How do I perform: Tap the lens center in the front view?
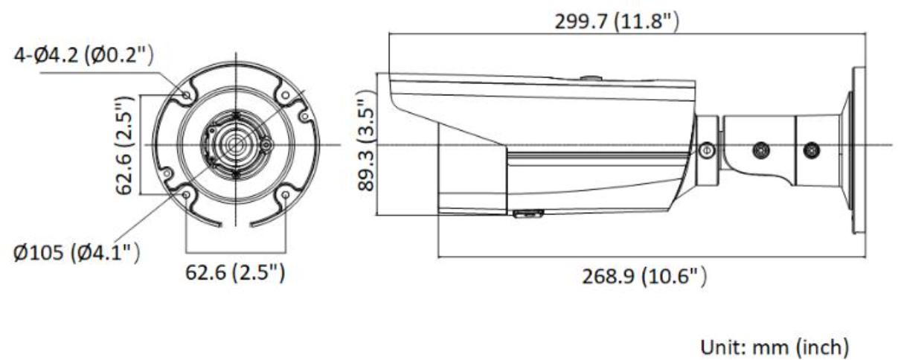tap(236, 143)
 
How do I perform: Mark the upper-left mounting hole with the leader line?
tap(186, 94)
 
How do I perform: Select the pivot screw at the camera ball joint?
tap(706, 150)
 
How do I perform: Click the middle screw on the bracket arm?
tap(761, 150)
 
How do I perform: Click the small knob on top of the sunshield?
tap(589, 77)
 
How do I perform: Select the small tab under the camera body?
tap(527, 214)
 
